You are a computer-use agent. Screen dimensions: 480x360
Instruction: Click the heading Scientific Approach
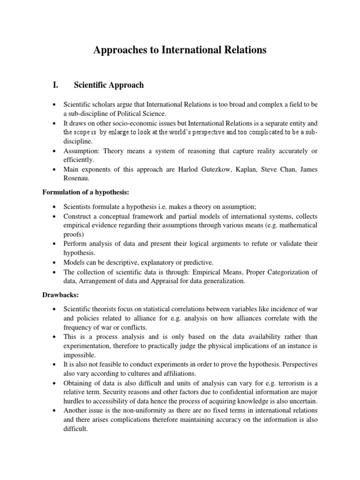coord(109,85)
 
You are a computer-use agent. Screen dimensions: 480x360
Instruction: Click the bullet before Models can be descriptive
coord(55,262)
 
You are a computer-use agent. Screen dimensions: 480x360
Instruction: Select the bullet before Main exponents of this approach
coord(55,170)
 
